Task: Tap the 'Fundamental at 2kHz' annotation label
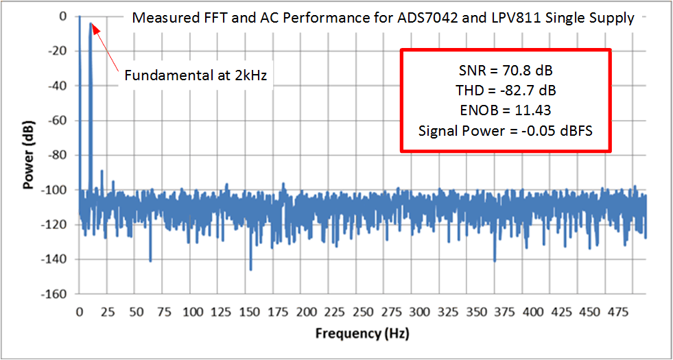(x=196, y=75)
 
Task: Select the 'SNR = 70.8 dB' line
(x=506, y=70)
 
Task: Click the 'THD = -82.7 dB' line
(x=506, y=90)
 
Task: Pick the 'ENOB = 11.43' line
(x=506, y=110)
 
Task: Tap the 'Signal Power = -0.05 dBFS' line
(x=506, y=130)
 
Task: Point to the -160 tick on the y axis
(x=59, y=294)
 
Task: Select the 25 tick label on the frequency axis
(x=108, y=311)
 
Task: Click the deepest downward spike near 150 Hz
(x=250, y=269)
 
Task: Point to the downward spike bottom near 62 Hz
(x=150, y=261)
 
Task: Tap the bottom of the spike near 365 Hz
(x=495, y=261)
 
